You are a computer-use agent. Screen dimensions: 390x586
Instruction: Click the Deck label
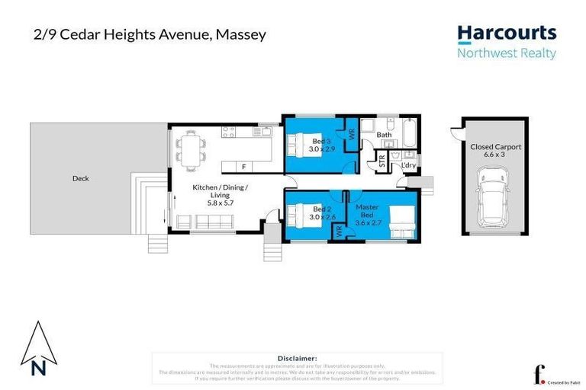click(x=81, y=178)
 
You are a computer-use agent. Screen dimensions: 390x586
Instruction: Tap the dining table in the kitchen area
click(x=191, y=146)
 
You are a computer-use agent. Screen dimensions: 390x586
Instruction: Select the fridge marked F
click(x=243, y=166)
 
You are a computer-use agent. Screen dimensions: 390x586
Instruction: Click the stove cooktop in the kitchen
click(x=228, y=133)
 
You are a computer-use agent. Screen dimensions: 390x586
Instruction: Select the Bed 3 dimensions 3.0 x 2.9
click(x=321, y=149)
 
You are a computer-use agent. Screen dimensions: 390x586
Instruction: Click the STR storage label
click(x=382, y=161)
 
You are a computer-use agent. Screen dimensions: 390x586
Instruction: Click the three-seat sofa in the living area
click(x=213, y=222)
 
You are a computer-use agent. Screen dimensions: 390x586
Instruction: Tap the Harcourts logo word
click(x=507, y=34)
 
